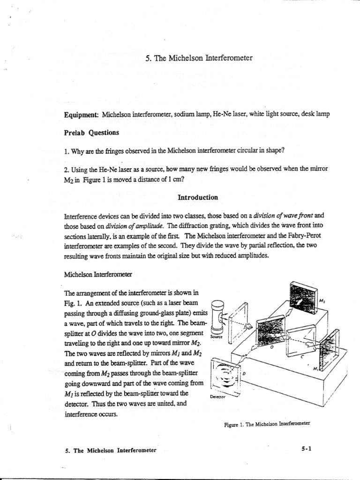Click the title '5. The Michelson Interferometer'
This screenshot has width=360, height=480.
coord(199,58)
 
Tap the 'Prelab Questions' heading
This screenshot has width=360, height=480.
coord(92,132)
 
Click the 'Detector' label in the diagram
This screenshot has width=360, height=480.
coord(217,396)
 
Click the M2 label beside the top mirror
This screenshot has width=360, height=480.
coord(322,300)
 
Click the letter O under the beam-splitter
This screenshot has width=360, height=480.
coord(270,349)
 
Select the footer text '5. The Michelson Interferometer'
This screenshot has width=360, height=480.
coord(111,450)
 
